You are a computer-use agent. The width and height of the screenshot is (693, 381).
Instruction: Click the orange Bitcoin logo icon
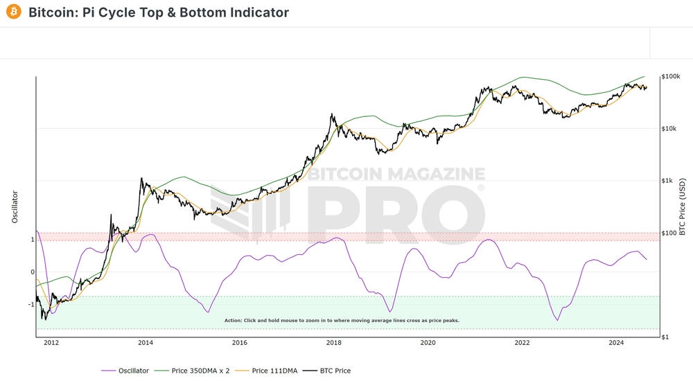[x=13, y=12]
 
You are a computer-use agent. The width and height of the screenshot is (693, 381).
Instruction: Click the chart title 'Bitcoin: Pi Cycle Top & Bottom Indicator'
[x=159, y=12]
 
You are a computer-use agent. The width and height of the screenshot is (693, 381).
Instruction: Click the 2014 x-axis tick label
[x=146, y=342]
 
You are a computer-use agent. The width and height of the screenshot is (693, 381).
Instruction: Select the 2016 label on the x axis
[x=240, y=342]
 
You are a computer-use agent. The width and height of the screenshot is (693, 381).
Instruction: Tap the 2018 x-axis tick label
[x=334, y=342]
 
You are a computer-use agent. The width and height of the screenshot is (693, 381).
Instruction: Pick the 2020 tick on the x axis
[x=428, y=342]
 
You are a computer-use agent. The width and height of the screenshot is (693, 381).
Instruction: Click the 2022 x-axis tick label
[x=523, y=342]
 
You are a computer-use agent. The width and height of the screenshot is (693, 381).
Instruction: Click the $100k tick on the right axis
[x=670, y=76]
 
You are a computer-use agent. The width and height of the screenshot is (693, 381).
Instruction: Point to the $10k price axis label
[x=669, y=128]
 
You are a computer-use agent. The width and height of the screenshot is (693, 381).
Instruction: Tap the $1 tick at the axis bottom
[x=665, y=337]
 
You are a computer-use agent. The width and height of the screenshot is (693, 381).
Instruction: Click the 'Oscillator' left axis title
[x=15, y=206]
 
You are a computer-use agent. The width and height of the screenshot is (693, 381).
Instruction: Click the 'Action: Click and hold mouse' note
[x=342, y=321]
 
